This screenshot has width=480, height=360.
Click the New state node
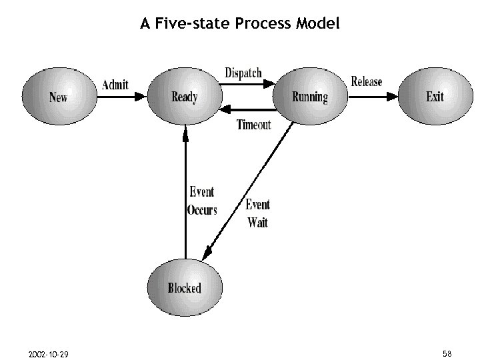pos(58,97)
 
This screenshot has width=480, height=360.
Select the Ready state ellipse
pos(184,97)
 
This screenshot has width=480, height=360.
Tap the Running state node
pos(310,97)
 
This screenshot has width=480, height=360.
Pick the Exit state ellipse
pos(435,97)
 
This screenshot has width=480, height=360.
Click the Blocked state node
pos(184,288)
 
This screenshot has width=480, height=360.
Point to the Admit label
pos(115,85)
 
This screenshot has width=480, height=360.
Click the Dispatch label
pos(243,72)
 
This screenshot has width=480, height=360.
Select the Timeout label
pos(254,125)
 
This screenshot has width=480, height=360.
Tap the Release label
pos(367,81)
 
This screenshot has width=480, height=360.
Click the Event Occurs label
pos(202,201)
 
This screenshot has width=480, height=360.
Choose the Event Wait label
pos(258,213)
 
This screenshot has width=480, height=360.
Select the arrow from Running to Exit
pos(373,97)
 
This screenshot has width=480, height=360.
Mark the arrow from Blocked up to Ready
pos(185,193)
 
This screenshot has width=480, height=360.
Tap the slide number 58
pos(447,353)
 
